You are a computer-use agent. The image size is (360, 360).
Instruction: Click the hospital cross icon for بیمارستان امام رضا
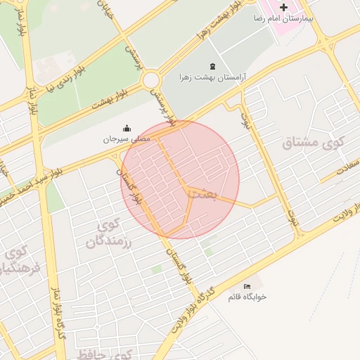click(283, 7)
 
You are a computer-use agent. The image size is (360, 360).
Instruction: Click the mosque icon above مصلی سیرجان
click(127, 128)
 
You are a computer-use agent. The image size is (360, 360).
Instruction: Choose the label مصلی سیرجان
click(127, 139)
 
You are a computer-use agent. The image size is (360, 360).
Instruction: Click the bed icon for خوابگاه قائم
click(247, 286)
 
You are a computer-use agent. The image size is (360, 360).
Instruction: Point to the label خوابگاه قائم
click(247, 297)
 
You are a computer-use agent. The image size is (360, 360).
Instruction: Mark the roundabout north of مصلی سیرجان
click(151, 80)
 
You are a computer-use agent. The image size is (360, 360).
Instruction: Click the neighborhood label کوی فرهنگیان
click(15, 260)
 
